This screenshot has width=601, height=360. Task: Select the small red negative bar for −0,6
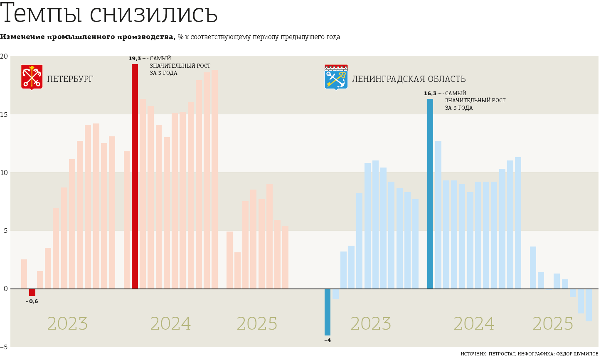coord(32,292)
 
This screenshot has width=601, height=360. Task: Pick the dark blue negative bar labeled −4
coord(328,312)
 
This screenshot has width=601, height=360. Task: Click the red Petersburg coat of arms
coord(32,77)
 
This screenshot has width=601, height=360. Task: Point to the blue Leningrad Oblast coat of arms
coord(336,77)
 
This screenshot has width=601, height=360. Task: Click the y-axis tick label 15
coord(4,114)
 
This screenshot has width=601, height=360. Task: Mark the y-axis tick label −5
coord(4,347)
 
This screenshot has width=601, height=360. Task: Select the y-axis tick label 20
coord(4,56)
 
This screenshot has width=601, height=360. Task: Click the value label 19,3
coord(135,59)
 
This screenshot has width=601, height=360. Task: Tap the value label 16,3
coord(430,94)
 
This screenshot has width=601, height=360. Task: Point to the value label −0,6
coord(32,301)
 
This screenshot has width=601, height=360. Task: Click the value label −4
coord(328,340)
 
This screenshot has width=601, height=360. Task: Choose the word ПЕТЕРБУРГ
coord(70,79)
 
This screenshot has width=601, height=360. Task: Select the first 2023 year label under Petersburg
coord(67,324)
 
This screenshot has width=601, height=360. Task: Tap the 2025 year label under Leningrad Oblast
coord(553,324)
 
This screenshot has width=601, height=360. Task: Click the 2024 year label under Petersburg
coord(170,324)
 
